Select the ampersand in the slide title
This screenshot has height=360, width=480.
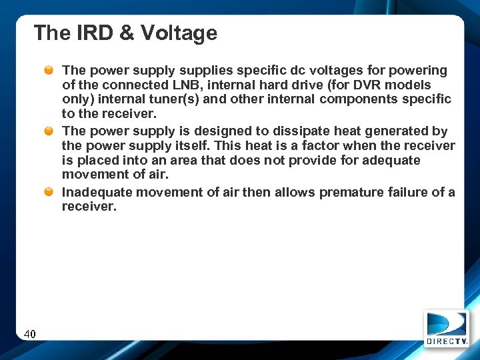tap(126, 33)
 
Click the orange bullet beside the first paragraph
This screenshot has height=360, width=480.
tap(50, 70)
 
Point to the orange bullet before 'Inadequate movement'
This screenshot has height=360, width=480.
tap(50, 192)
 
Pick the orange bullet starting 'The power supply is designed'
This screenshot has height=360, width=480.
tap(50, 131)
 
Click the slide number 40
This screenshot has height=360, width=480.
tap(30, 333)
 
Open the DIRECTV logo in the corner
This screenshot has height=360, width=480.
tap(447, 329)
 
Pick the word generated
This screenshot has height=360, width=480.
tap(395, 131)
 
